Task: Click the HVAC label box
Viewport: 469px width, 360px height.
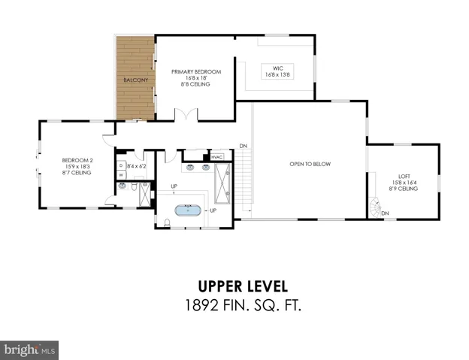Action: tap(217, 157)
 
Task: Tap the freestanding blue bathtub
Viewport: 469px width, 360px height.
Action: tap(188, 210)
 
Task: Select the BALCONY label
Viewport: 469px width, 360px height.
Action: tap(136, 80)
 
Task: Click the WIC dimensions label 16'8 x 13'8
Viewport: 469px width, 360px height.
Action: tap(277, 74)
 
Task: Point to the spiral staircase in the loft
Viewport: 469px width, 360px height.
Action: tap(375, 207)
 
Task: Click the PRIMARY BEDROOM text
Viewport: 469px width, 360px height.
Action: tap(196, 71)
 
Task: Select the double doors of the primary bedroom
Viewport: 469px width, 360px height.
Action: tap(186, 114)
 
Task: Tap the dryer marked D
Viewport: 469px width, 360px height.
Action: tap(121, 165)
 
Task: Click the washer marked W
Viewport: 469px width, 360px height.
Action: tap(121, 174)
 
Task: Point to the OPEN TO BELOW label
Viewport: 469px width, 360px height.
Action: tap(310, 164)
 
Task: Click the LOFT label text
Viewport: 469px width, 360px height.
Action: tap(404, 177)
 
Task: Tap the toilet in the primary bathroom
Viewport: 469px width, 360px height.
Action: tap(167, 222)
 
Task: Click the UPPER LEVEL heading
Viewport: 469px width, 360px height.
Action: tap(243, 286)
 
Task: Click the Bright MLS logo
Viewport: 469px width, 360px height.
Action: tap(29, 350)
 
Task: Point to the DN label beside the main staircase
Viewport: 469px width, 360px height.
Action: tap(244, 146)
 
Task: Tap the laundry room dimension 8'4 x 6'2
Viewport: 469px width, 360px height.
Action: tap(136, 166)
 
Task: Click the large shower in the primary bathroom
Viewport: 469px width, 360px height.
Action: tap(222, 183)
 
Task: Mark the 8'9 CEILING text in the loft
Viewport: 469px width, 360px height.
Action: tap(404, 189)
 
